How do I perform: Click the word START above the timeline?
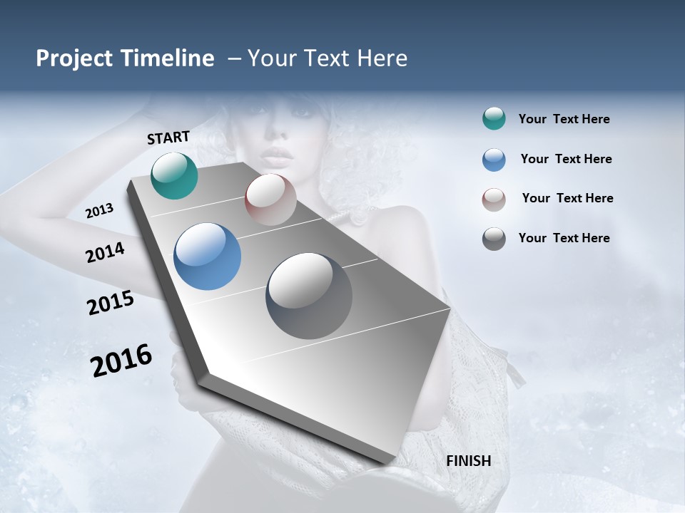(x=168, y=138)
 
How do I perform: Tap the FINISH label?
(x=468, y=461)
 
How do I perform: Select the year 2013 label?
(x=99, y=211)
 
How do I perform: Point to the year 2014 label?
(x=105, y=252)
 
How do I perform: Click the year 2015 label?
(x=110, y=303)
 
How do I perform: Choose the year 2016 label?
(x=121, y=361)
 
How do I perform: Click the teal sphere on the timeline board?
(x=174, y=175)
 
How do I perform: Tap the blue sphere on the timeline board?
(x=207, y=256)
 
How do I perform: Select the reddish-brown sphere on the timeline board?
(x=270, y=199)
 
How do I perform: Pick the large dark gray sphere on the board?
(x=308, y=296)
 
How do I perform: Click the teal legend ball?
(x=494, y=119)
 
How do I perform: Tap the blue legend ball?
(x=494, y=160)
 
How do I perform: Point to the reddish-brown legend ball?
(x=494, y=199)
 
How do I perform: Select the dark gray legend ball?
(x=494, y=239)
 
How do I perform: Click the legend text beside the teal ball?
(x=564, y=120)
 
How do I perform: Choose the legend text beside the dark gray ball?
(x=564, y=238)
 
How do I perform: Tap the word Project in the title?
(x=73, y=58)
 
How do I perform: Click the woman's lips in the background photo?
(x=277, y=155)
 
